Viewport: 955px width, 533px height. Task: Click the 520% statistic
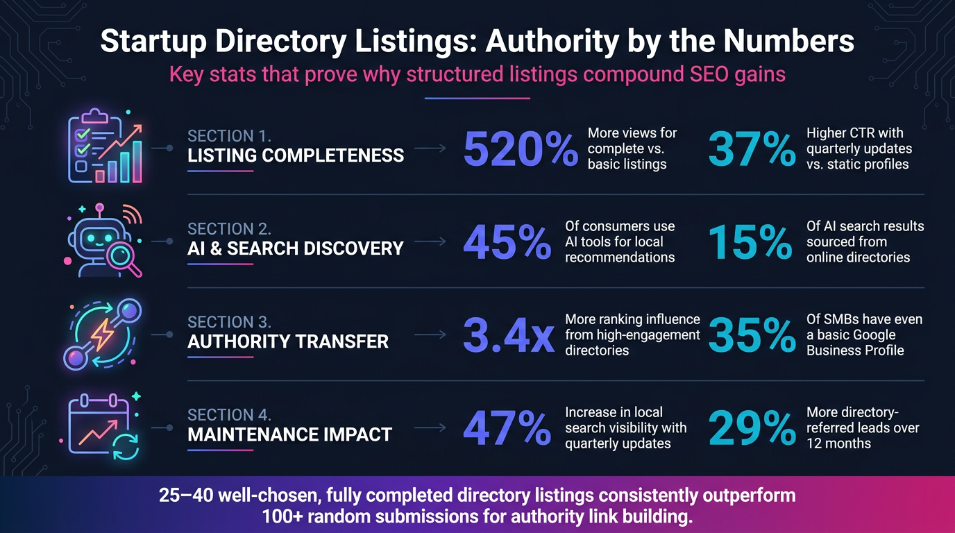521,149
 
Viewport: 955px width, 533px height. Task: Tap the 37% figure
752,149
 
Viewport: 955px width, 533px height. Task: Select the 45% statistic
507,242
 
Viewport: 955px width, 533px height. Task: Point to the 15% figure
750,242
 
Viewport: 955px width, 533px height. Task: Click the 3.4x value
509,335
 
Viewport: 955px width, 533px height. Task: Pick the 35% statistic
752,335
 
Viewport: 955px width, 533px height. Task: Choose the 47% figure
507,428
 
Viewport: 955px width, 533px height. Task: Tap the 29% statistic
752,428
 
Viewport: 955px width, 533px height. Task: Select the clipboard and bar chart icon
105,146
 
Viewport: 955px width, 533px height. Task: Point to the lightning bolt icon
102,335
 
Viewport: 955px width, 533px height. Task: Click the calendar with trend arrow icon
101,426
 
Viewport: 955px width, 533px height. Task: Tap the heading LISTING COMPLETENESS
296,155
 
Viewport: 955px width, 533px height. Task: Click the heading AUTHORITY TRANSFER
288,341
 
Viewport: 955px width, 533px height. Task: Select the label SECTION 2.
229,229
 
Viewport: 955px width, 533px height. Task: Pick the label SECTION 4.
229,415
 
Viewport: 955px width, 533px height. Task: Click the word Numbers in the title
788,41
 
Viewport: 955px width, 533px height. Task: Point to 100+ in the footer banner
281,516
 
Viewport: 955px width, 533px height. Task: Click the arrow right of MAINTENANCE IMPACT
430,428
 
